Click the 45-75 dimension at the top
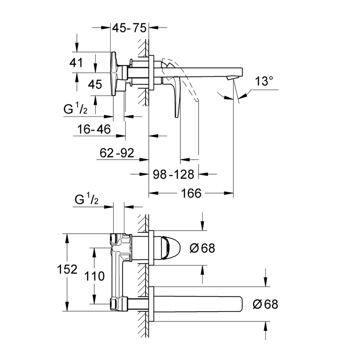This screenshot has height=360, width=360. click(x=129, y=28)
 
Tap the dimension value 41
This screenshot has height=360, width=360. click(x=76, y=63)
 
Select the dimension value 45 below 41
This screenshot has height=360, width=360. click(x=95, y=85)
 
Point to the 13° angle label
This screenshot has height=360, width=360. click(x=264, y=82)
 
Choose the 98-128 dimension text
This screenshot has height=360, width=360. click(x=174, y=174)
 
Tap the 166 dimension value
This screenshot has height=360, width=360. click(x=190, y=194)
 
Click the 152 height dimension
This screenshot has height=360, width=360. click(x=67, y=270)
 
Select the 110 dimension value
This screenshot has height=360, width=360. click(x=95, y=276)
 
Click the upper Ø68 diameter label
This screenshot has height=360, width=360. click(x=202, y=248)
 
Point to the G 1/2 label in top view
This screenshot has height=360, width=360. click(x=80, y=109)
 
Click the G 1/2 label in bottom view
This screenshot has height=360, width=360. click(x=86, y=200)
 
